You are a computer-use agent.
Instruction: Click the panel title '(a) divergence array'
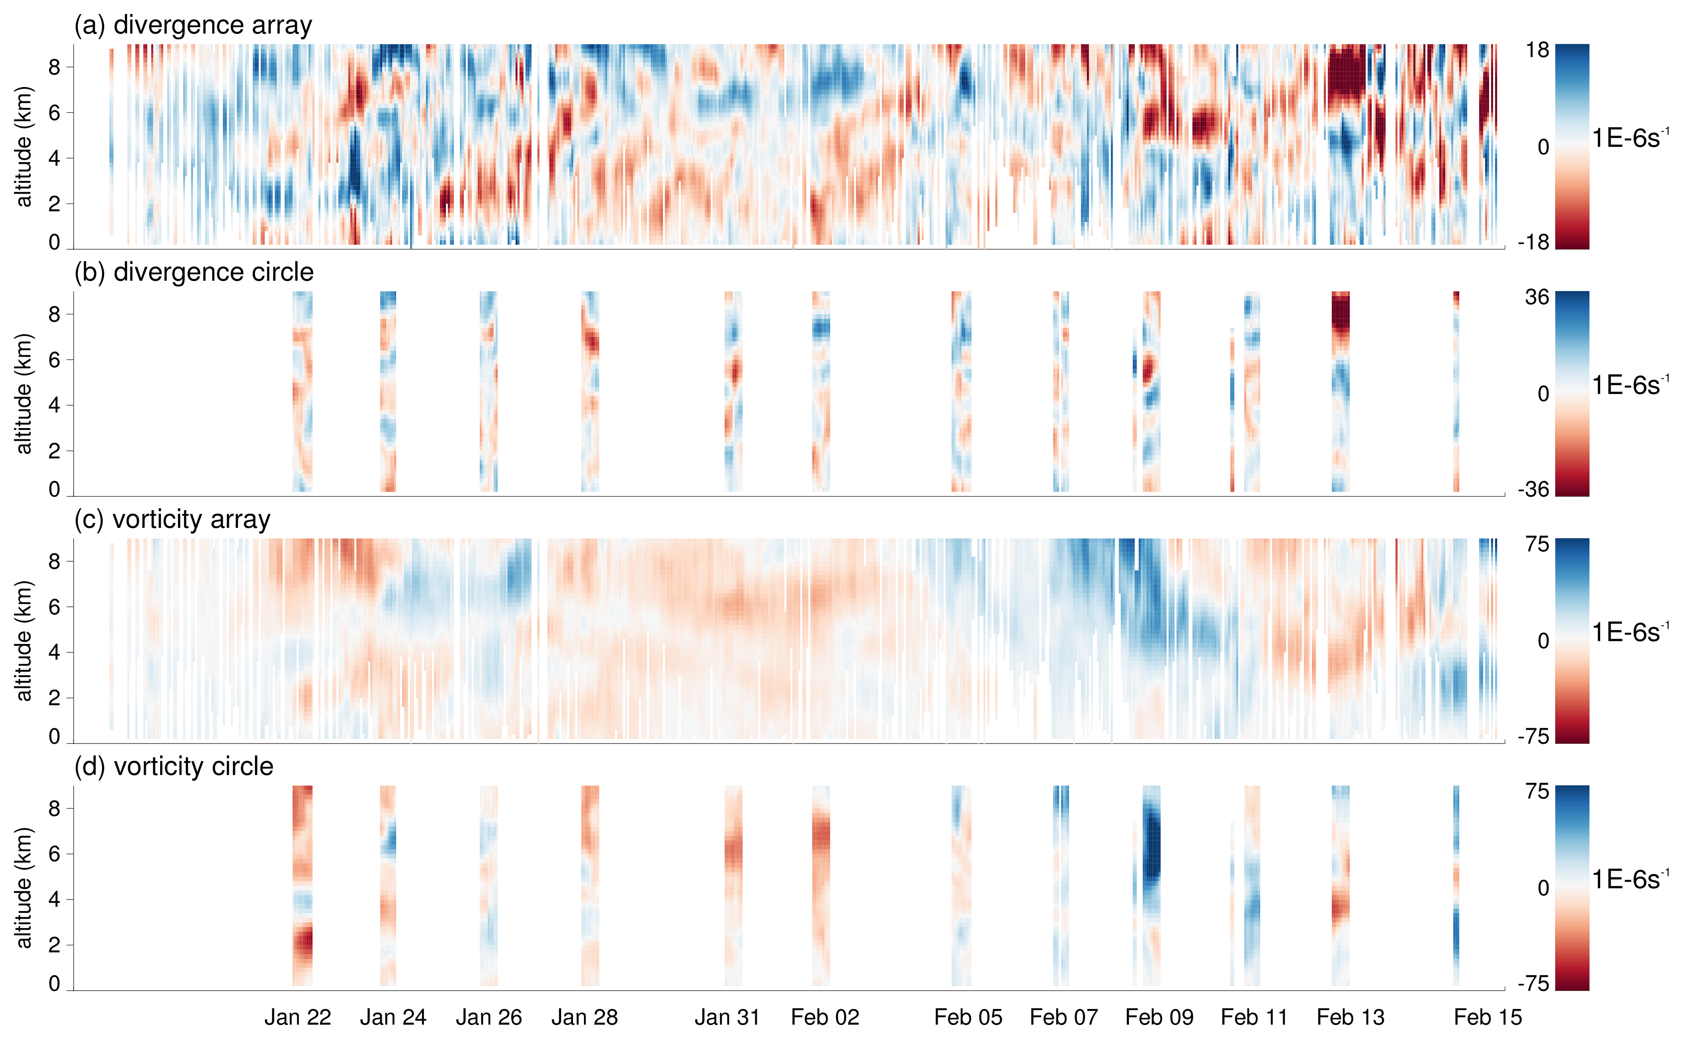click(x=193, y=26)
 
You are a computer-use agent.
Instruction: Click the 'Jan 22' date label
click(x=298, y=1017)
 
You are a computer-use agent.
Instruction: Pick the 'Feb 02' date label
click(x=825, y=1017)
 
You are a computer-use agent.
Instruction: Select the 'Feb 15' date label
click(x=1488, y=1017)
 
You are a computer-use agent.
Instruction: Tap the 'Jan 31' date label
click(x=727, y=1017)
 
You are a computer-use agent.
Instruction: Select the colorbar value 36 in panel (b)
click(x=1537, y=298)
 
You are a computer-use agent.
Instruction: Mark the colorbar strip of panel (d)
click(x=1572, y=888)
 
